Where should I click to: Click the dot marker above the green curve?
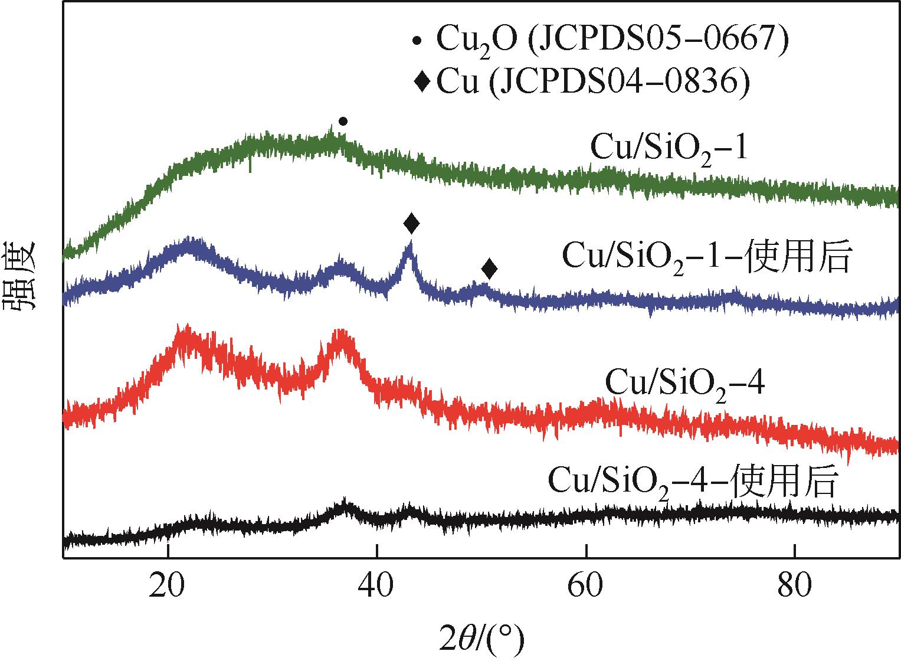point(343,122)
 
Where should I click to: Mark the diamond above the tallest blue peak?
point(412,224)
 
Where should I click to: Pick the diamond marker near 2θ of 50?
point(489,270)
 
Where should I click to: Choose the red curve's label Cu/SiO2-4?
point(685,384)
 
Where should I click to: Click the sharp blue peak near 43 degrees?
point(409,251)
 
